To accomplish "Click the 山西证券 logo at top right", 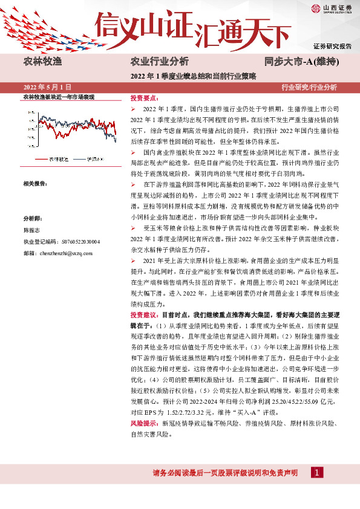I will point(332,8).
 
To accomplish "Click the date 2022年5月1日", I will point(47,88).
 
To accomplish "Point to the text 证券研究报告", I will point(332,46).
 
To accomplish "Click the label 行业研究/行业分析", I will point(309,88).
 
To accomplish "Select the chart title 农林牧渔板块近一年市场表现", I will point(59,97).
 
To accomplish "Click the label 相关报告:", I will point(35,183).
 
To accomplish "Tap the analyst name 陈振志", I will point(31,230).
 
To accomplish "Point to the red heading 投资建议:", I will point(144,315).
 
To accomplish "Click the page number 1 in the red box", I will point(316,472).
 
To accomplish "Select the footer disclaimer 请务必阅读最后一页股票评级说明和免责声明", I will point(224,473).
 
